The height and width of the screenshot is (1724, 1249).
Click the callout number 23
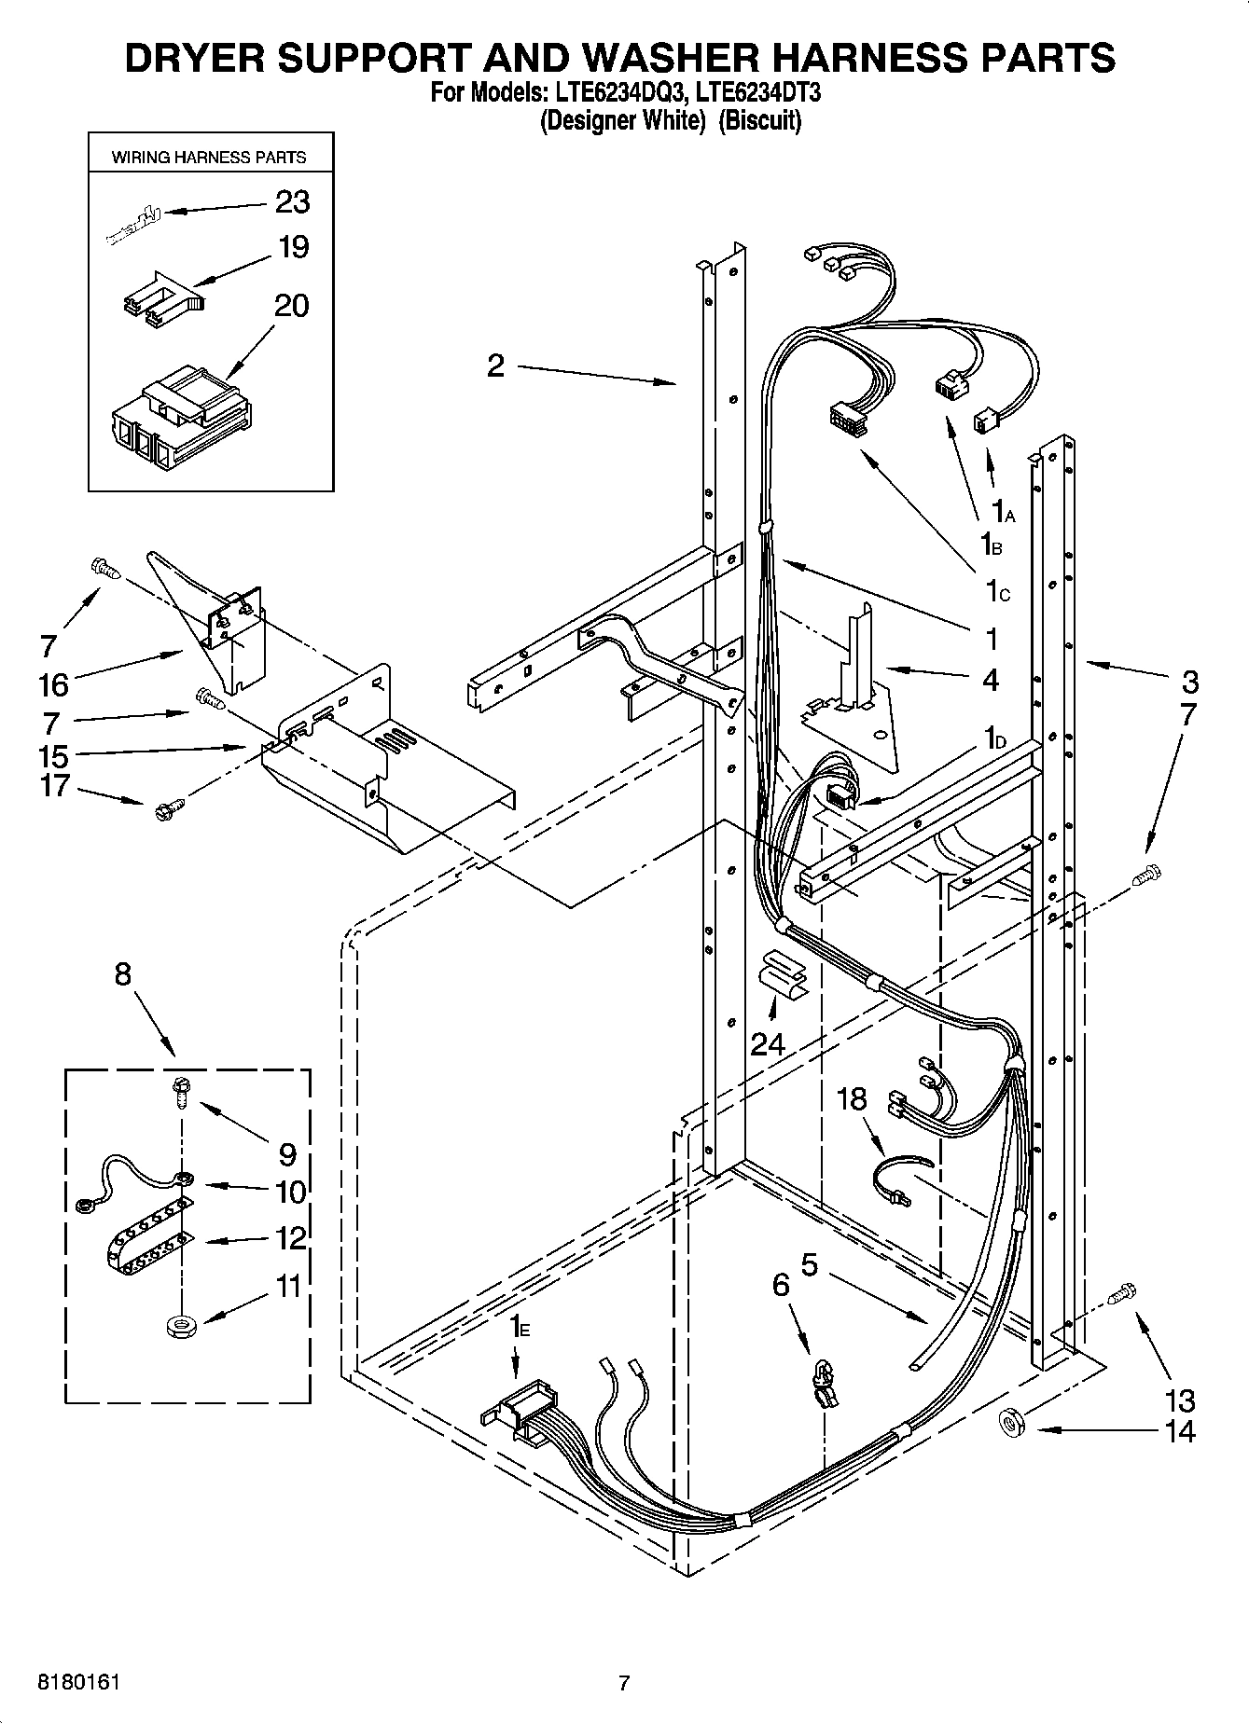point(292,201)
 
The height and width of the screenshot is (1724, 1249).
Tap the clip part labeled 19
point(163,301)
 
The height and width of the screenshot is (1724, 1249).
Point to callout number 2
point(495,365)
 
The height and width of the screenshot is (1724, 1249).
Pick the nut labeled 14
point(1011,1423)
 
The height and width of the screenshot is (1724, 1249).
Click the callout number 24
point(768,1043)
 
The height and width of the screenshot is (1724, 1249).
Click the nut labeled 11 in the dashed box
point(179,1325)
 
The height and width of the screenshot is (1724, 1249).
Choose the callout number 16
point(53,684)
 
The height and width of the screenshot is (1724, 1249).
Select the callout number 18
point(852,1099)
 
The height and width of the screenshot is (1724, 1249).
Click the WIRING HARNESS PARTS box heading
point(209,158)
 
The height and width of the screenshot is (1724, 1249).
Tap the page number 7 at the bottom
point(624,1684)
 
